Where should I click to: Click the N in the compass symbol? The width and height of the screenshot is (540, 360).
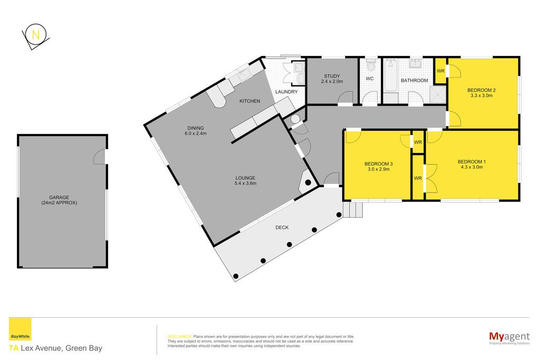pos(35,35)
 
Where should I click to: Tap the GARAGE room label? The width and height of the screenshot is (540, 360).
pos(59,198)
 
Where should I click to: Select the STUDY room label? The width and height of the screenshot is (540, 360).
pos(332,76)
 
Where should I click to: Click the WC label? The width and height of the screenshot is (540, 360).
pos(370,79)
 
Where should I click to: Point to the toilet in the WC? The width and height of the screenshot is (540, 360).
pos(371,65)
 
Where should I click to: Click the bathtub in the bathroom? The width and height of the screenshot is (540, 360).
pos(391,76)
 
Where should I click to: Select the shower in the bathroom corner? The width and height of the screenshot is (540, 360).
pos(438,94)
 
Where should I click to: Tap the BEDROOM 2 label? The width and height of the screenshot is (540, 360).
pos(481,90)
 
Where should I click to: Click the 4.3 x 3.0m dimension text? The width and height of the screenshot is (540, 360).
pos(471,167)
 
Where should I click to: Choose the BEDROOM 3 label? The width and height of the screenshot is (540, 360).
pos(379,164)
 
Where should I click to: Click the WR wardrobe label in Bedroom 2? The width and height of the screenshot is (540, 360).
pos(440,71)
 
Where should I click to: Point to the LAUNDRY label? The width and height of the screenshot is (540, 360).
pos(286,92)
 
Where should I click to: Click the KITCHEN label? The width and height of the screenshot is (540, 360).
pos(249,101)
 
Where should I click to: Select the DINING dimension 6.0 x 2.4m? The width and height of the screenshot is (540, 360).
pos(196,133)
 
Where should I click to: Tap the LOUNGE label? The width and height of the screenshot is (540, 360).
pos(245,178)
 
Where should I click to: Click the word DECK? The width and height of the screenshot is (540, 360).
pos(282,228)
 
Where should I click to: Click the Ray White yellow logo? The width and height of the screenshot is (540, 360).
pos(20,329)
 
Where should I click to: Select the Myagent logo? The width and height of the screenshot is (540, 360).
pos(509,337)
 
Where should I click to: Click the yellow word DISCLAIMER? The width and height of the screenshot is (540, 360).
pos(179,337)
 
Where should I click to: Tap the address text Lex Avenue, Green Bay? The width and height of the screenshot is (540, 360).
pos(62,348)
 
